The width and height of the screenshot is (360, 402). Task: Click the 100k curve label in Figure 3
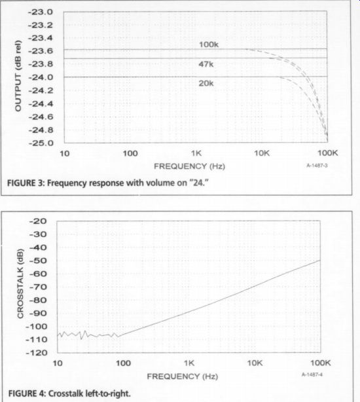(209, 45)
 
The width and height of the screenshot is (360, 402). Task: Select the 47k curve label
(206, 64)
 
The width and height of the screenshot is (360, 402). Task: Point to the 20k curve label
(206, 83)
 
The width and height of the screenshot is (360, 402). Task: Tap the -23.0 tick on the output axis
(40, 12)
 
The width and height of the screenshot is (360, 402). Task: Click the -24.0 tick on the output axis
(41, 77)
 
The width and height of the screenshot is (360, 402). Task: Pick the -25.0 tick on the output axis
(41, 143)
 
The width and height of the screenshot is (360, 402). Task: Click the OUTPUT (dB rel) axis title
(18, 76)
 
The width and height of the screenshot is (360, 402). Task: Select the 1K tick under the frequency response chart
(196, 153)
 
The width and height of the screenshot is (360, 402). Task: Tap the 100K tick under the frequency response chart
(328, 153)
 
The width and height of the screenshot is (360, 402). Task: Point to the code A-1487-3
(317, 166)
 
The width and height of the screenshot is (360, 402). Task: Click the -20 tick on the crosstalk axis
(38, 221)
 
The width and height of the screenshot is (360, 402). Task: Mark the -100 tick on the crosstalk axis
(37, 327)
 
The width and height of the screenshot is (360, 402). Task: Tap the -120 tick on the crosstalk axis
(37, 353)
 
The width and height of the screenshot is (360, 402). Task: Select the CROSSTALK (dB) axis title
(20, 283)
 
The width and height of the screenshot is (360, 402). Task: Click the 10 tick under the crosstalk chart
(58, 363)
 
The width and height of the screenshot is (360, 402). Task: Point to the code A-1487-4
(312, 375)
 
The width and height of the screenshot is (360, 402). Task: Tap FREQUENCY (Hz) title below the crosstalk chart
(183, 376)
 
